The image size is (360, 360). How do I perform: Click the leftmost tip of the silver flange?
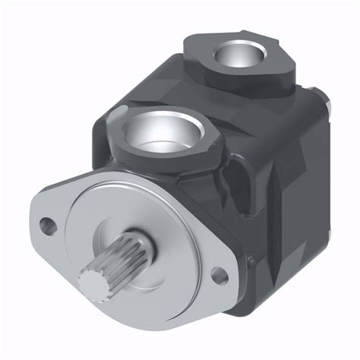pyautogui.click(x=33, y=220)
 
